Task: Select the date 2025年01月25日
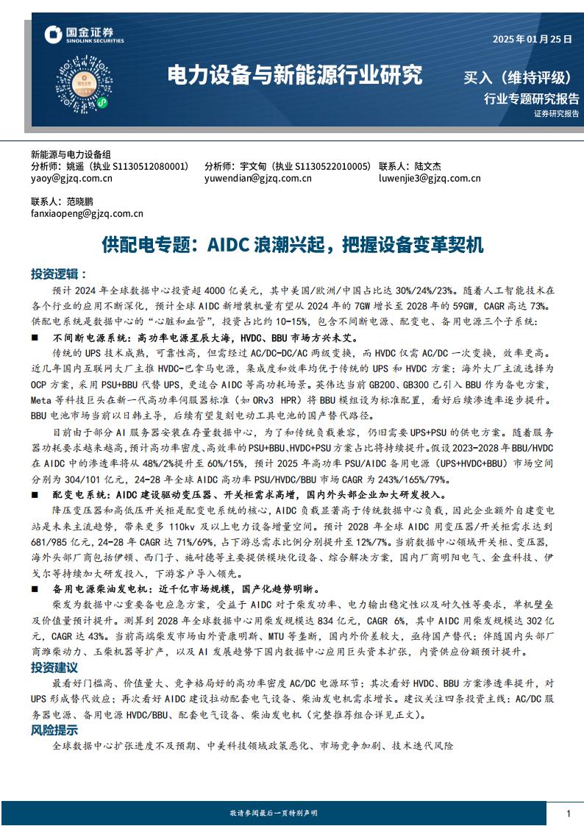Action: pos(532,40)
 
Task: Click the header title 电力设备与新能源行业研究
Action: pos(295,74)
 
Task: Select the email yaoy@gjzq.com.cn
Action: pos(71,178)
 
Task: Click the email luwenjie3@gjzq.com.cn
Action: pos(430,178)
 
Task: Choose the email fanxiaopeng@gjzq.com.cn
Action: pos(87,213)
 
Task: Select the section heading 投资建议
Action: pos(54,668)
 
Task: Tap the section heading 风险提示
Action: pos(54,730)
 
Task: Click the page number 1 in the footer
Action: pos(569,812)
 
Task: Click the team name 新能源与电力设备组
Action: pos(71,154)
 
